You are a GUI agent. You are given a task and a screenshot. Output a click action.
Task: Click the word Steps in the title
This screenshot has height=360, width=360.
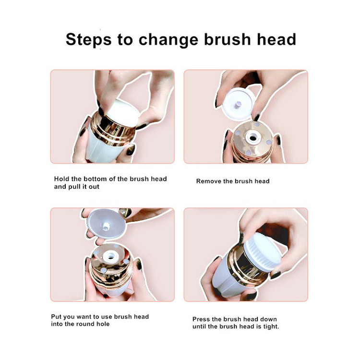88,40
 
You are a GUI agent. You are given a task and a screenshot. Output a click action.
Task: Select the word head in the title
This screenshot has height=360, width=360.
276,39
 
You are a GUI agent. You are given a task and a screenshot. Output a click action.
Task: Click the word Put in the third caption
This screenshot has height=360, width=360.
56,317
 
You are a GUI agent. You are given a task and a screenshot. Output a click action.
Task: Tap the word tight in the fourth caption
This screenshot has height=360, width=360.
271,327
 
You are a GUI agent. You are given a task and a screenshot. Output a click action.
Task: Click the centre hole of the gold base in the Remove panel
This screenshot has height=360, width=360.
252,138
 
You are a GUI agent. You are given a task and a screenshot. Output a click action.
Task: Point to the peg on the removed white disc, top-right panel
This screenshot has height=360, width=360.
238,105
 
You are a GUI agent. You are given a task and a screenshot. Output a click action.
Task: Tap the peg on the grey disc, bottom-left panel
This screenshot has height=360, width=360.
106,226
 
